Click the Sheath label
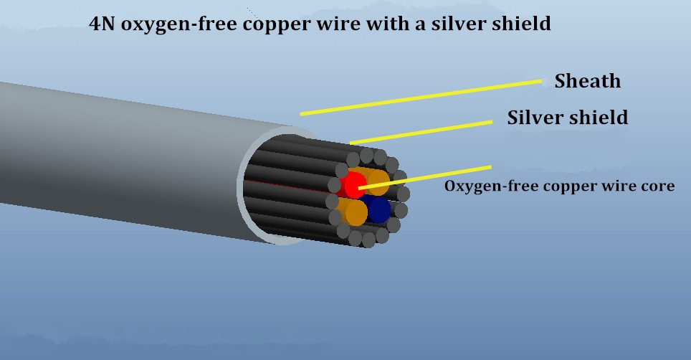[587, 81]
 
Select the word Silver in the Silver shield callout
[535, 118]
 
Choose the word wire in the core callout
[617, 186]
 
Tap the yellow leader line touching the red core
[430, 177]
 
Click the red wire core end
[353, 185]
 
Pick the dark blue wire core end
[378, 209]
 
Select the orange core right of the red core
[378, 179]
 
